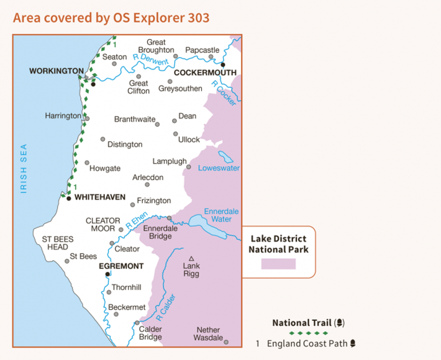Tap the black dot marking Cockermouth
point(223,65)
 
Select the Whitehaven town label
point(100,197)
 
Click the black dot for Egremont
point(107,274)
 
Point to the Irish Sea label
point(24,169)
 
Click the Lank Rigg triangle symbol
point(191,259)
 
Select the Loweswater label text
point(219,168)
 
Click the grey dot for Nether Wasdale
point(226,342)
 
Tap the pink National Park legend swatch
point(278,264)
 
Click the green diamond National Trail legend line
point(308,333)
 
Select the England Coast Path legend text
point(308,343)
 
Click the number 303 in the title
point(198,18)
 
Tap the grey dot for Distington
point(103,139)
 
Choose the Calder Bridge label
point(150,333)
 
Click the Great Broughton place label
point(156,46)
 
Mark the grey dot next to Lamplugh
point(189,166)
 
